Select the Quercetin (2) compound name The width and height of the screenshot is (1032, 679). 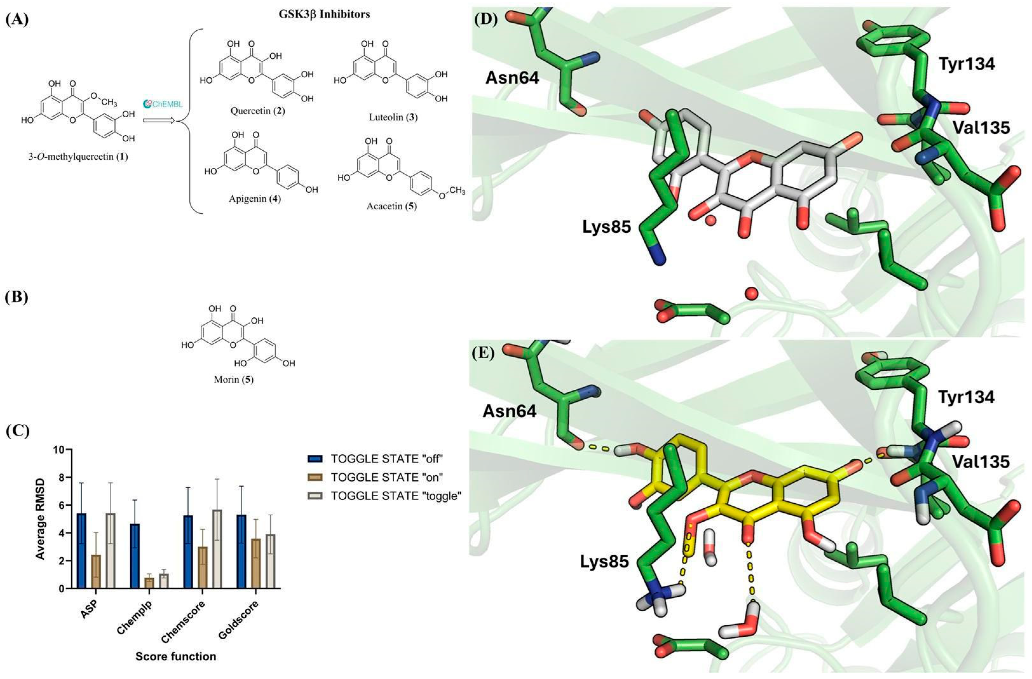click(258, 111)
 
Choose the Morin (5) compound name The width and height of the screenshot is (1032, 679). click(233, 380)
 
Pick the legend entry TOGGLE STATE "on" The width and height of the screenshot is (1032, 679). click(386, 477)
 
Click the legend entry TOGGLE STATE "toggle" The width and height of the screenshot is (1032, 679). click(395, 496)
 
